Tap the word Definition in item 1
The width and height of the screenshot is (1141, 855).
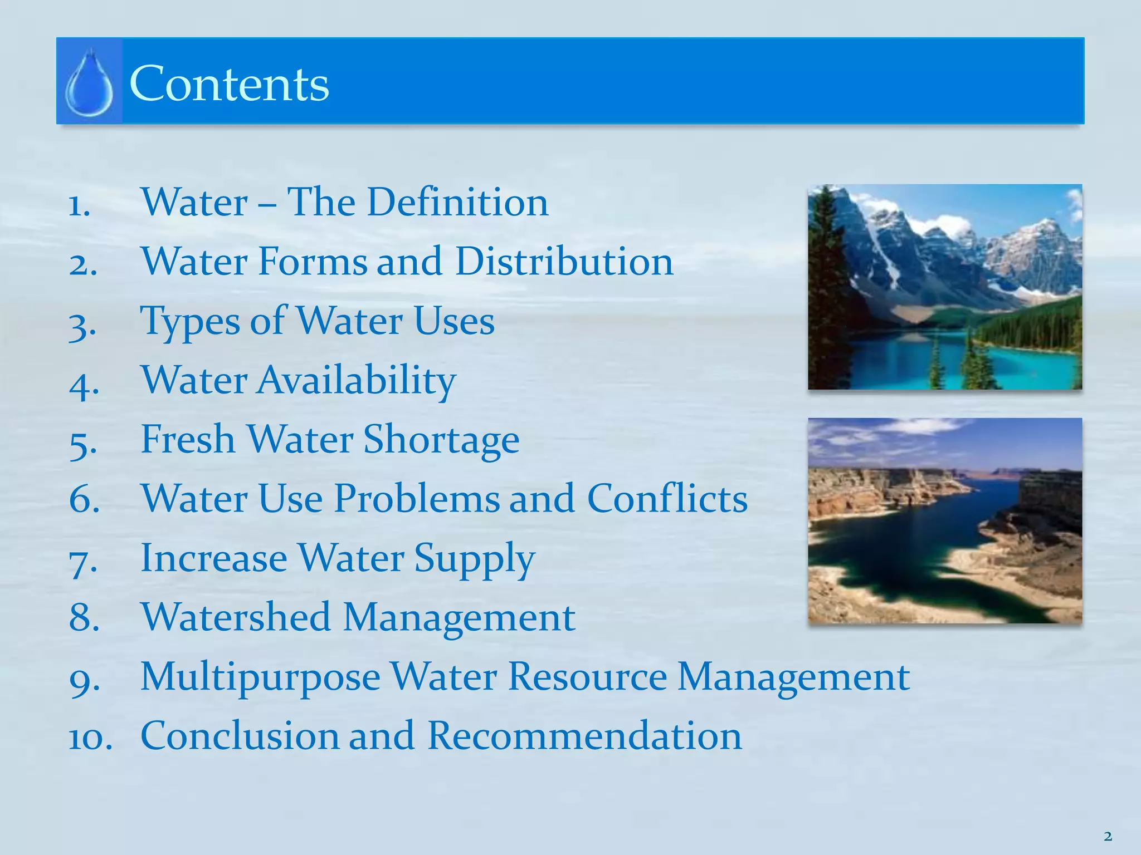pyautogui.click(x=457, y=202)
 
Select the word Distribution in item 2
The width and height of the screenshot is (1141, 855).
pyautogui.click(x=564, y=261)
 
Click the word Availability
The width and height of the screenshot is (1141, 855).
pyautogui.click(x=356, y=380)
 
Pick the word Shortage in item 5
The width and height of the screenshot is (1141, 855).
pyautogui.click(x=441, y=440)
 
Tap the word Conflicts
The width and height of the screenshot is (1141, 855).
pyautogui.click(x=667, y=498)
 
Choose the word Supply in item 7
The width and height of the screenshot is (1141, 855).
pyautogui.click(x=474, y=558)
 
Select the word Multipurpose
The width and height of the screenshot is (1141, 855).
pyautogui.click(x=260, y=677)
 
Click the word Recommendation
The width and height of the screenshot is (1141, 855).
pyautogui.click(x=584, y=735)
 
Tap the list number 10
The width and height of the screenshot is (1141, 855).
pyautogui.click(x=90, y=738)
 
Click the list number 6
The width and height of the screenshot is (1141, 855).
pyautogui.click(x=84, y=499)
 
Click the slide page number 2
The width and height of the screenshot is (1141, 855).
pyautogui.click(x=1108, y=836)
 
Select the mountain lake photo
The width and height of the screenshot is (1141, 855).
pyautogui.click(x=945, y=287)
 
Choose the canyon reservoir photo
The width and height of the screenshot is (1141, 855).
pyautogui.click(x=945, y=520)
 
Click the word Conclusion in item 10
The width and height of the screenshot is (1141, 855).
pyautogui.click(x=240, y=735)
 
